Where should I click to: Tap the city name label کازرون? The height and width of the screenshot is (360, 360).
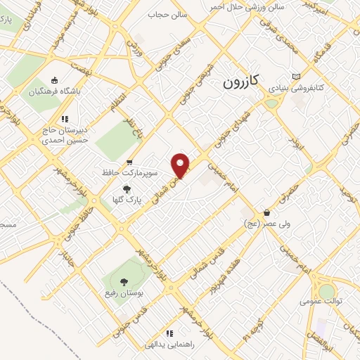point(241,82)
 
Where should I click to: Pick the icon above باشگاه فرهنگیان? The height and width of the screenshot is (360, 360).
point(56,79)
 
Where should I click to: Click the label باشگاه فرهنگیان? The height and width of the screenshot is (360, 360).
point(56,91)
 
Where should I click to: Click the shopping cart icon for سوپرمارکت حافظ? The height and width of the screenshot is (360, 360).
point(129,163)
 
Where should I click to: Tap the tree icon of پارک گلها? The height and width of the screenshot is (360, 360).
point(127,189)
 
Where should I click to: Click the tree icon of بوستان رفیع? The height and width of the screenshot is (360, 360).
point(124,281)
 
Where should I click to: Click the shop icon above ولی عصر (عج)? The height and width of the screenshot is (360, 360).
point(267,212)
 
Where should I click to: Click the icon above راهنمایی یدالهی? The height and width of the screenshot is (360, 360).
point(169,333)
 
